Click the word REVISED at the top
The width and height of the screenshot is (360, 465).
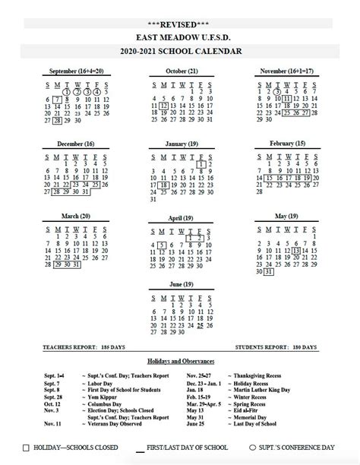click(x=180, y=25)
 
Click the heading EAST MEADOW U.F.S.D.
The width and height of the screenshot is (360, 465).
click(x=180, y=38)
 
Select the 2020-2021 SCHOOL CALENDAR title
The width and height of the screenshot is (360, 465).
click(x=180, y=52)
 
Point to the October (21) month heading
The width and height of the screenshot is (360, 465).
click(x=182, y=71)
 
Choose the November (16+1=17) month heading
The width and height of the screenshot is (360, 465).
click(x=287, y=71)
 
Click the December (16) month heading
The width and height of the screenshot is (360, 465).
click(x=74, y=143)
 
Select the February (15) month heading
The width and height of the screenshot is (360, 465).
click(x=287, y=143)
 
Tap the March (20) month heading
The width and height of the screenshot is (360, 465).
click(x=74, y=215)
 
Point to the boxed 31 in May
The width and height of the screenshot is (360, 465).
click(x=268, y=271)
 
